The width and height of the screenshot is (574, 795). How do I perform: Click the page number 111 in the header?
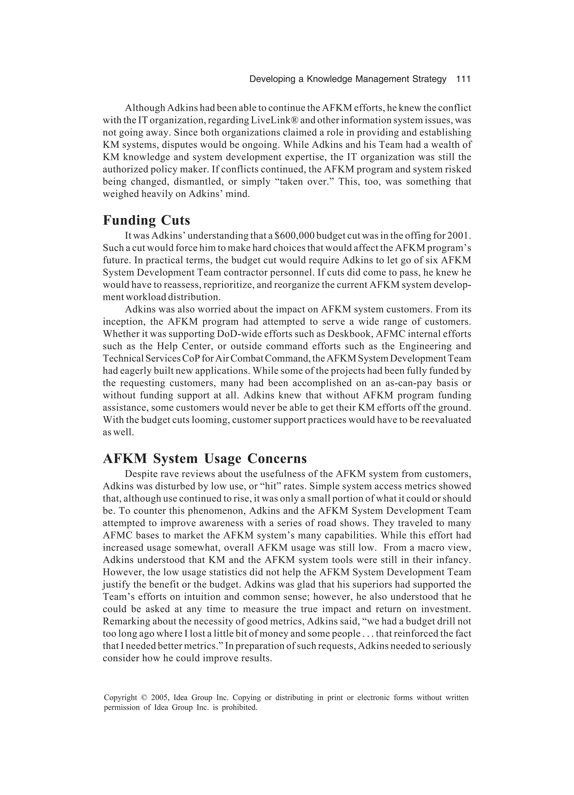tap(463, 79)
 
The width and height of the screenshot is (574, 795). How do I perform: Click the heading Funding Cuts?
tap(146, 221)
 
